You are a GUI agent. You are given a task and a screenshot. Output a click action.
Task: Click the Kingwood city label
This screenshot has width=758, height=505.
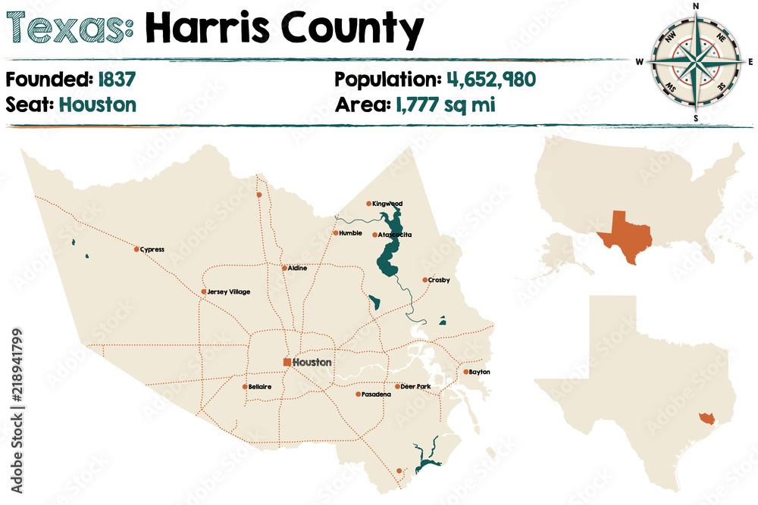tap(387, 204)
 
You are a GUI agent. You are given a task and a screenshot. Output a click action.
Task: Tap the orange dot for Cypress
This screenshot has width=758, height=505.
tap(136, 249)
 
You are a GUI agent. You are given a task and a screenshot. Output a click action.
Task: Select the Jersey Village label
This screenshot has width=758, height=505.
tap(229, 291)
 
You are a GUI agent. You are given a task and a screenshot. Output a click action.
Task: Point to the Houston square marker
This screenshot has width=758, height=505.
tap(287, 363)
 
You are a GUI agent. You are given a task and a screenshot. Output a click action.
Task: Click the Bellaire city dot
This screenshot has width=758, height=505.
tap(244, 387)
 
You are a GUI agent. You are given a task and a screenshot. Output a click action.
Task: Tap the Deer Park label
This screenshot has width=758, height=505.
tap(415, 387)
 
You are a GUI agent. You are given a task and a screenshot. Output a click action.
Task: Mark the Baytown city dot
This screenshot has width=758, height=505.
tap(465, 372)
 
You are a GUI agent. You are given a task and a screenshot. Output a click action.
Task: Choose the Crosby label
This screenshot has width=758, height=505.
tap(439, 280)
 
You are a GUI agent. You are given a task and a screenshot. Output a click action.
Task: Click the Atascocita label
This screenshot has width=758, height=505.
tap(396, 235)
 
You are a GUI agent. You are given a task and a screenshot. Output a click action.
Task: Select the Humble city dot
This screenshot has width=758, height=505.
tap(335, 233)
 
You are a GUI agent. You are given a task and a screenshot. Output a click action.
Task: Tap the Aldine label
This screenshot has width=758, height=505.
tap(297, 268)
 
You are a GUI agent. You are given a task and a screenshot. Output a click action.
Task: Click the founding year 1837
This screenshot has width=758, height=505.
tap(116, 79)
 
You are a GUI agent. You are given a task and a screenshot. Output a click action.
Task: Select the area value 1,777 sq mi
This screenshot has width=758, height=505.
tap(445, 104)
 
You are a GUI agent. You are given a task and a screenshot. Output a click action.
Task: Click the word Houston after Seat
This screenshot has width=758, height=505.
tap(97, 104)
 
